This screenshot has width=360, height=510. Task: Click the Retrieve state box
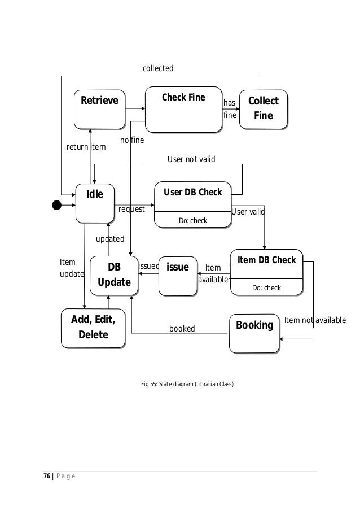[99, 108]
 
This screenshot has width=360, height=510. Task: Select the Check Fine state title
[183, 97]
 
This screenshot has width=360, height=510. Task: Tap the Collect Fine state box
[263, 108]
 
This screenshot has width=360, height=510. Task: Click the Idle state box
[95, 202]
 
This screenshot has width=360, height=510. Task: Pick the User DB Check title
[192, 192]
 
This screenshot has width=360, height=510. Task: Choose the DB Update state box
[114, 275]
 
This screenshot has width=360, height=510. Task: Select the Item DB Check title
[266, 259]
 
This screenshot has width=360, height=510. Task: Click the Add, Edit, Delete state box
[93, 328]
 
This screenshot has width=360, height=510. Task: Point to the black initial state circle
[56, 205]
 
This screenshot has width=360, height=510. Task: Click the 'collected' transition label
[158, 68]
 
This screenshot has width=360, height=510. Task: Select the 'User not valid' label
[191, 160]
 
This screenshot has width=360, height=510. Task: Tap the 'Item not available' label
[315, 320]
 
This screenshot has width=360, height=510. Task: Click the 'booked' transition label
[182, 328]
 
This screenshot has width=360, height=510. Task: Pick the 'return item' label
[86, 147]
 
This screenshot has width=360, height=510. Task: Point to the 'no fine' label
[132, 140]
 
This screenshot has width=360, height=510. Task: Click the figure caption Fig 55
[187, 385]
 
